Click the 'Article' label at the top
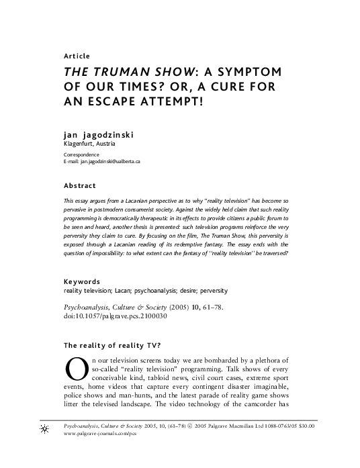tap(76, 56)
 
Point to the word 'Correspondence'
tap(81, 155)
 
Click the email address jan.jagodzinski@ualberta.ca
tap(110, 162)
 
